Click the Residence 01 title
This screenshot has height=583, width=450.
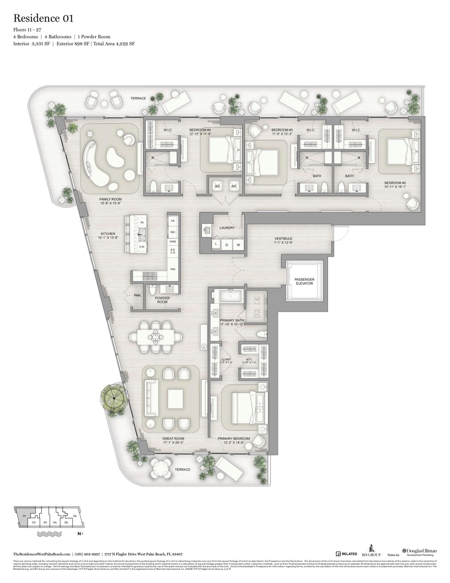click(43, 18)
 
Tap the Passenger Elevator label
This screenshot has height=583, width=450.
click(304, 281)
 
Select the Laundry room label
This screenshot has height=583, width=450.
click(227, 228)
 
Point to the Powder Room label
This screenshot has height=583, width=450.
click(162, 300)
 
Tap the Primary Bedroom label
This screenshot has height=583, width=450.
click(234, 438)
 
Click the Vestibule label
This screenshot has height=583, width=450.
click(283, 239)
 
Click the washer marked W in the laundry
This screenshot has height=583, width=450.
click(239, 245)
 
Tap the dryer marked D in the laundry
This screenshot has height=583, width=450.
click(227, 245)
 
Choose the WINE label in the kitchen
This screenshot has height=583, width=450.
click(173, 241)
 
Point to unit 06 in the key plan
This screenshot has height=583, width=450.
click(75, 516)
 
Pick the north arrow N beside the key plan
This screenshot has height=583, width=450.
click(80, 534)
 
